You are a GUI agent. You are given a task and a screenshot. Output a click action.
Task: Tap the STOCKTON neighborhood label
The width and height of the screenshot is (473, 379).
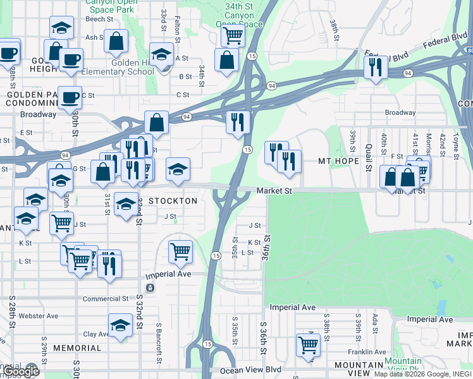coord(173,201)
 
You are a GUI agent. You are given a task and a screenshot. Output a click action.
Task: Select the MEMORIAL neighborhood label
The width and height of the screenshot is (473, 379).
coord(77,348)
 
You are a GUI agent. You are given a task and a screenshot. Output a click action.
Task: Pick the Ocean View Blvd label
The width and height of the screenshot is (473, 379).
coord(250,370)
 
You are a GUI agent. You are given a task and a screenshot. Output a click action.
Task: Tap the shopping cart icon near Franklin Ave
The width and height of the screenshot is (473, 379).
coord(308,345)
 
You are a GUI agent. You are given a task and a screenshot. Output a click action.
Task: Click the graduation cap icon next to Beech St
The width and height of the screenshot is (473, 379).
coord(61,27)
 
